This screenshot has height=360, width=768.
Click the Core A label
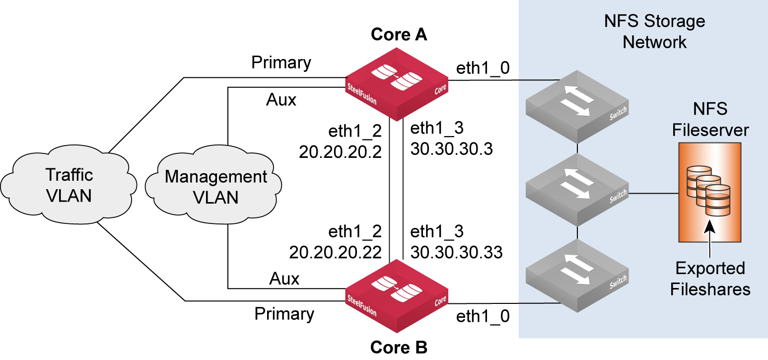[x=399, y=35]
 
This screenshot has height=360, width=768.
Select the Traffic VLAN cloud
[x=69, y=185]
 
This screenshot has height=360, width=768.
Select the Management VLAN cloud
[x=215, y=187]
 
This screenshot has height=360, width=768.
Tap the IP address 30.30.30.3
[x=451, y=149]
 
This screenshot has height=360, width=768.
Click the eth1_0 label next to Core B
[x=483, y=317]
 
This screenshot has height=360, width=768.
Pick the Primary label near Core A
[x=281, y=63]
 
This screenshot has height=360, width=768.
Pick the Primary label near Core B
[x=284, y=314]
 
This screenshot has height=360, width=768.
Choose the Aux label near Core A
[x=281, y=100]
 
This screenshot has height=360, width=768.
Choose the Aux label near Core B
[x=284, y=279]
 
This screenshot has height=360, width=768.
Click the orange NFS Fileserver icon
[x=709, y=191]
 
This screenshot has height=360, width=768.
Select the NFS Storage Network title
[x=654, y=31]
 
